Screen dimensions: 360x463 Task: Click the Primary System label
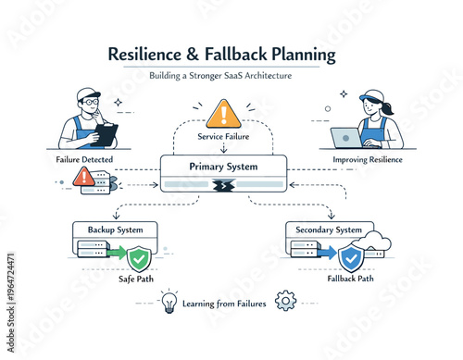click(x=221, y=168)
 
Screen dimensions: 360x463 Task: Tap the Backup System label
click(x=115, y=228)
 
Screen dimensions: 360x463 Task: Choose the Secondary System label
click(x=329, y=230)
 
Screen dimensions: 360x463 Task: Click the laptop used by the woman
click(x=346, y=138)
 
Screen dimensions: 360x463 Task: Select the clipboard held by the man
click(x=106, y=134)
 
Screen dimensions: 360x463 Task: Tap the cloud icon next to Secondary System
click(x=377, y=242)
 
